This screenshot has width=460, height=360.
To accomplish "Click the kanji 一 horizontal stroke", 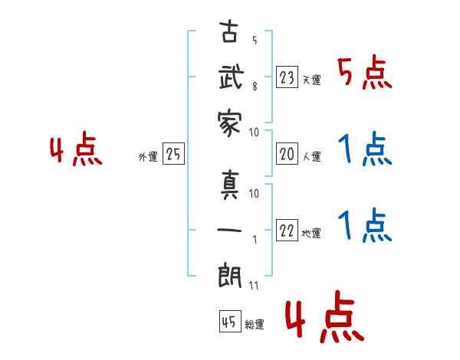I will (230, 231).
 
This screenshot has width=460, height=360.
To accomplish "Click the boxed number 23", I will (287, 77).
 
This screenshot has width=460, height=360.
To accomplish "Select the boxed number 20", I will (287, 154).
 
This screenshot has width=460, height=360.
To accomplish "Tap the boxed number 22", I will (287, 231).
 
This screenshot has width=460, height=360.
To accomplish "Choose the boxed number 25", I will (173, 155).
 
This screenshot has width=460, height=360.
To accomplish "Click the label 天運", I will (311, 80).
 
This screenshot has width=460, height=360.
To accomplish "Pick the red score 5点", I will (365, 74).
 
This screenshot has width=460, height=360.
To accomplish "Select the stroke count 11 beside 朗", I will (254, 285).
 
